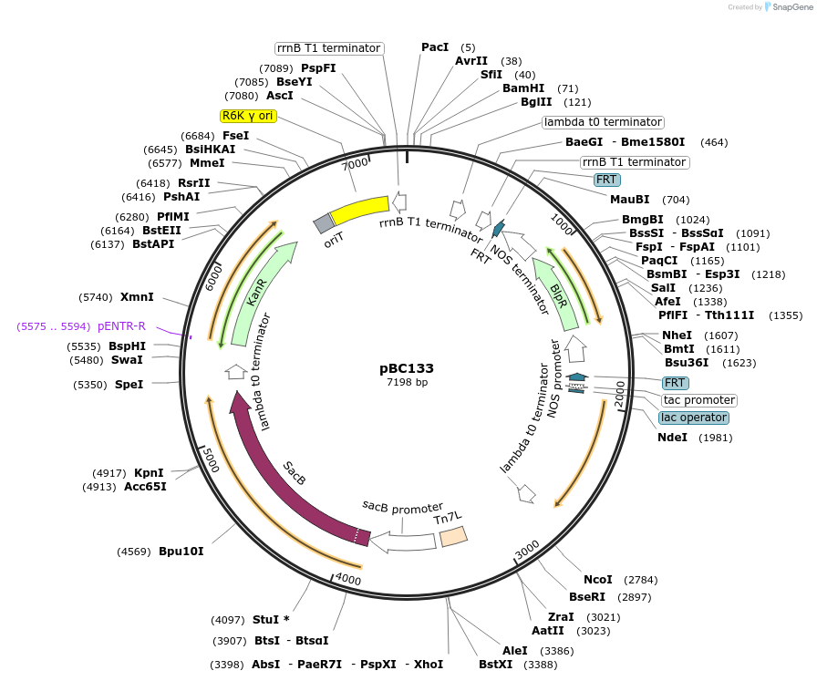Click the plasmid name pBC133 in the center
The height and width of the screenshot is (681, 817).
tap(407, 368)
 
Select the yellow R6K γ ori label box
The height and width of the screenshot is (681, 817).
tap(249, 116)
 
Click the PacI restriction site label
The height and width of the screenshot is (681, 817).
tap(435, 47)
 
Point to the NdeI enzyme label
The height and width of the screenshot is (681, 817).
tap(675, 438)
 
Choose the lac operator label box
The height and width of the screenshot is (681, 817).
tap(694, 418)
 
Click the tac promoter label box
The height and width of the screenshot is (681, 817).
tap(699, 400)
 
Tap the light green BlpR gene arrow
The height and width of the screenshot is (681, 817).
tap(557, 292)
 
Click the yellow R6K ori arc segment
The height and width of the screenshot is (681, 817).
tap(359, 211)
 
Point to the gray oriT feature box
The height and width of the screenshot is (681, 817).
tap(324, 223)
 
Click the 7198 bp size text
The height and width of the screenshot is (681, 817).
tap(407, 382)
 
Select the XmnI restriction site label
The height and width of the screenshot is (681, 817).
tap(137, 297)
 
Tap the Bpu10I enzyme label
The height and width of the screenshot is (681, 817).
tap(181, 552)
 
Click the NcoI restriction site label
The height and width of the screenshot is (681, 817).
tap(598, 580)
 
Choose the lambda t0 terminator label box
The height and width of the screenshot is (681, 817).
tap(603, 122)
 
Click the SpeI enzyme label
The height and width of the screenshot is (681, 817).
tap(129, 385)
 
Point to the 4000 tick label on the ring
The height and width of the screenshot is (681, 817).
tap(348, 578)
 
